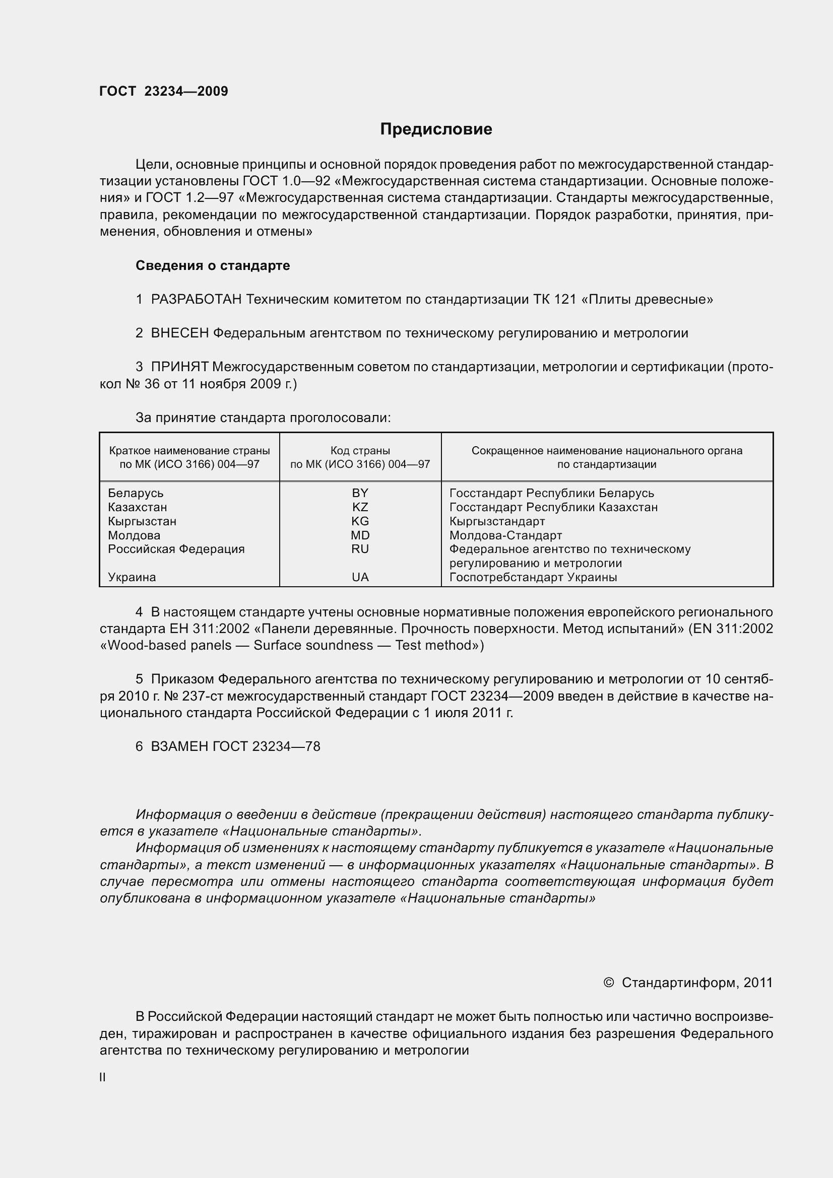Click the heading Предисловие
point(436,129)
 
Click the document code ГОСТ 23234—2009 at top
point(164,91)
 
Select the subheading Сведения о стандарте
point(213,266)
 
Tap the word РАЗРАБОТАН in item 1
point(196,300)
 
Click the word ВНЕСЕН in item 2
point(179,333)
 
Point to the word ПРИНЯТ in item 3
point(179,367)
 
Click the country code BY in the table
point(360,493)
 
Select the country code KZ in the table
point(360,507)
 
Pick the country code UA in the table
point(360,577)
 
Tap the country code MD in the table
point(360,535)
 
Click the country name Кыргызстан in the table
point(142,521)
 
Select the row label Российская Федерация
point(176,549)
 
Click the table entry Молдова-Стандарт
point(505,536)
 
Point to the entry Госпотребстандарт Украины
point(533,577)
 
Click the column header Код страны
point(360,451)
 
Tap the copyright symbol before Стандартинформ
point(609,983)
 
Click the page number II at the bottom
point(103,1077)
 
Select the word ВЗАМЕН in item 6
point(179,746)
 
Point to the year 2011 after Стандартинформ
point(757,983)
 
